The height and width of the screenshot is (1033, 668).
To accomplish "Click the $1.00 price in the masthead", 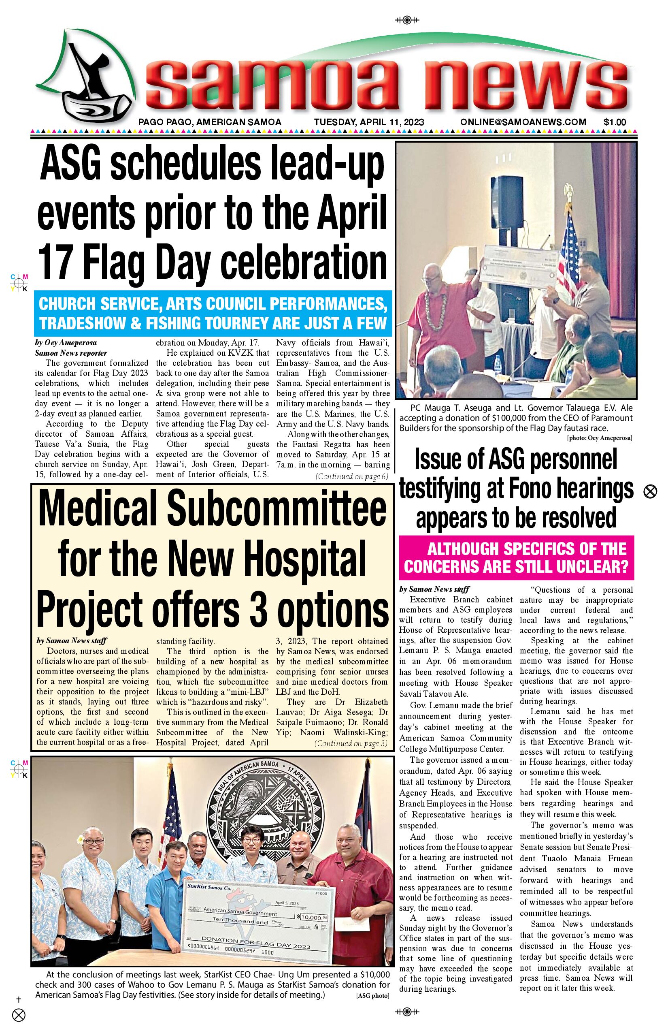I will [x=615, y=122].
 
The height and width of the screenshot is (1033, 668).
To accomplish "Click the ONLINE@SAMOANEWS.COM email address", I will [x=523, y=122].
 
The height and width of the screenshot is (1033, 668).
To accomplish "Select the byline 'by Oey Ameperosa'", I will [x=66, y=343].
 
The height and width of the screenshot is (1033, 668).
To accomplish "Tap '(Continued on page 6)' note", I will [x=352, y=476].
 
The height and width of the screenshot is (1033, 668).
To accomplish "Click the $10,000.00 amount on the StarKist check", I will [x=314, y=917].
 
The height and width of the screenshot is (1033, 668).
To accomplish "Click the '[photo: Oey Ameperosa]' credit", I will [x=599, y=438].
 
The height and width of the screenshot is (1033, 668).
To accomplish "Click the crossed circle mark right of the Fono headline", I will [x=650, y=492].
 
